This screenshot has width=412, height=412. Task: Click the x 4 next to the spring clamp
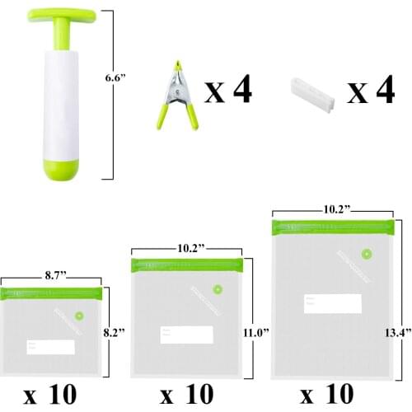coord(227,91)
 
